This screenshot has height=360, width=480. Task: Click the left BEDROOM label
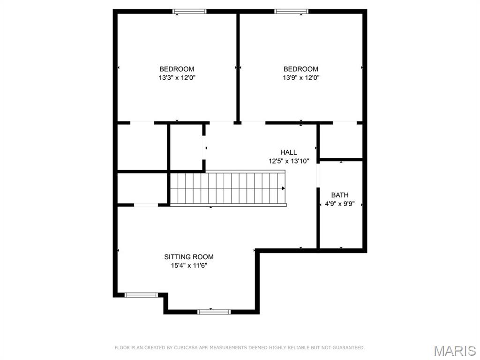click(176, 69)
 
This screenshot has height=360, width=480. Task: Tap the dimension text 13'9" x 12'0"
click(300, 78)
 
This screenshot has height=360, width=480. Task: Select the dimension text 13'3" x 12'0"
click(176, 78)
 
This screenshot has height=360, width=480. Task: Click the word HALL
click(288, 152)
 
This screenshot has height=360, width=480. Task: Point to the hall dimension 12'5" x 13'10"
click(288, 161)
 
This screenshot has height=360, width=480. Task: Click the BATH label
click(340, 195)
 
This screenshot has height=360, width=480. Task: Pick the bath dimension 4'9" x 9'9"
click(340, 204)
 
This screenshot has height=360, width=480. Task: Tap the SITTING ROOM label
click(188, 257)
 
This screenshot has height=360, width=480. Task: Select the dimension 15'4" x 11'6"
click(188, 265)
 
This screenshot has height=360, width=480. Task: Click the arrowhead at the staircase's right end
click(283, 188)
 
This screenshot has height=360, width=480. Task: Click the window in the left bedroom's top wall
click(189, 11)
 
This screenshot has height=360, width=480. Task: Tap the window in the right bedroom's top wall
click(291, 11)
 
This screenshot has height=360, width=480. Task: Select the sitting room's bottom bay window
click(214, 311)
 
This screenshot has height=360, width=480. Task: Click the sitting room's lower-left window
click(141, 295)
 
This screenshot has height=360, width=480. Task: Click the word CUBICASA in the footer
click(184, 348)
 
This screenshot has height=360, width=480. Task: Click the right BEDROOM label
click(300, 69)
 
